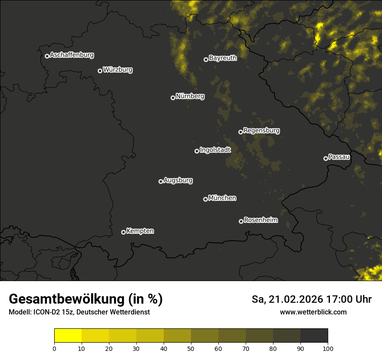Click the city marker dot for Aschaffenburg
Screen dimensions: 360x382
(47, 56)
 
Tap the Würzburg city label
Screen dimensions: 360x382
(118, 70)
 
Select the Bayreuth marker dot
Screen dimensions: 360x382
(206, 59)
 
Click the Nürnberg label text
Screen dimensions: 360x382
(190, 96)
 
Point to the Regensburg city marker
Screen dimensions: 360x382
(240, 132)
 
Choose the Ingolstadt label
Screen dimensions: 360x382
(215, 150)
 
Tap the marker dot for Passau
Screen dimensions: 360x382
(326, 158)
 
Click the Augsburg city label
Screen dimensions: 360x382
(178, 180)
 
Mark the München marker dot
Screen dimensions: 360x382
(205, 199)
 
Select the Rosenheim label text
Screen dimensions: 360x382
(260, 220)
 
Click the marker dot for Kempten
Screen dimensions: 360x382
(123, 232)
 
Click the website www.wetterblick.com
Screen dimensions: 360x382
(313, 312)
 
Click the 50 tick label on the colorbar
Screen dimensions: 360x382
(191, 348)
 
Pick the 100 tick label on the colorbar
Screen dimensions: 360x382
(328, 348)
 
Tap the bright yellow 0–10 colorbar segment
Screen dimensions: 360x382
(68, 335)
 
